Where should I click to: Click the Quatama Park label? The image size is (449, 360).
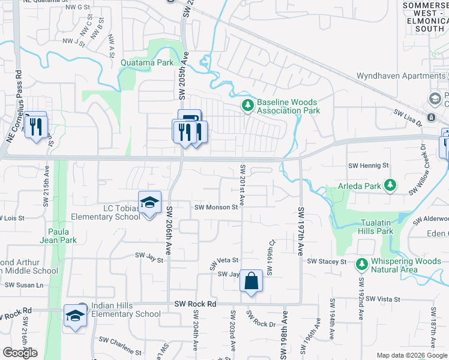coord(147,62)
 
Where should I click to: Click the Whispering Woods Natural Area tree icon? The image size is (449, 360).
coord(362,264)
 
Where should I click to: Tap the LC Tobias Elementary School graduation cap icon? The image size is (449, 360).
coord(149,203)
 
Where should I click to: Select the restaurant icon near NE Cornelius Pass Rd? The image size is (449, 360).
coord(36,126)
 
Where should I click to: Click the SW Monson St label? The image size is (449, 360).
coord(217,207)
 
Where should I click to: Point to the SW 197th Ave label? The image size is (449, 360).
coord(301,232)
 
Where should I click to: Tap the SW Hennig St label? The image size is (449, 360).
coord(369,165)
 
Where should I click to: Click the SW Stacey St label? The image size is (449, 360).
coord(327,262)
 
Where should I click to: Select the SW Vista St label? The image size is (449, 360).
coord(382,298)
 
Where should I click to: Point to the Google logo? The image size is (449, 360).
coord(20,353)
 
